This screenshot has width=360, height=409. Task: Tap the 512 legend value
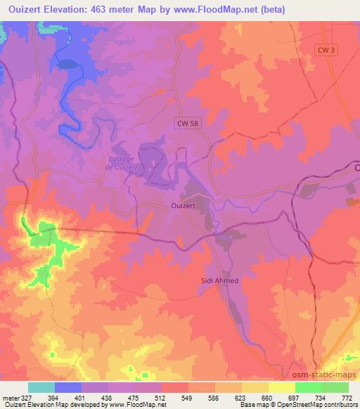click(x=162, y=397)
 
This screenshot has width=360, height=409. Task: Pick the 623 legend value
click(x=241, y=397)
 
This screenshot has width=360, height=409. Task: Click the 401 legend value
click(x=82, y=397)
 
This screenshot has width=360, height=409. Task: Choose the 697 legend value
click(x=295, y=397)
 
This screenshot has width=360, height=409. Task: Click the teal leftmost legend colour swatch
click(x=41, y=387)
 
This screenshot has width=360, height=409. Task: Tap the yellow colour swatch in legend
click(x=281, y=387)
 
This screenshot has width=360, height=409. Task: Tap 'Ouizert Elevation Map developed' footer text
click(x=42, y=405)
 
